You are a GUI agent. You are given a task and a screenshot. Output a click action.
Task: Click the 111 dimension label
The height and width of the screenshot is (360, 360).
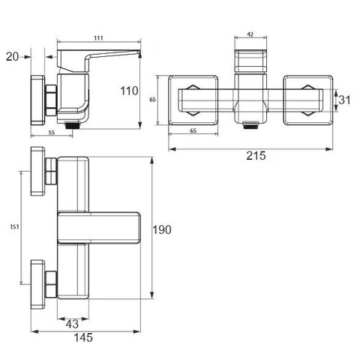98,38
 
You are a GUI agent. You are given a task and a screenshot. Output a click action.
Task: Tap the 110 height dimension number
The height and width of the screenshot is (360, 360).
129,91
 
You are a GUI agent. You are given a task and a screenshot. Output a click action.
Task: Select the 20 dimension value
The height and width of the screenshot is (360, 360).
12,56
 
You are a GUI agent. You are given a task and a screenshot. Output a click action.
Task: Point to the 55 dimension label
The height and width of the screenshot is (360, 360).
51,133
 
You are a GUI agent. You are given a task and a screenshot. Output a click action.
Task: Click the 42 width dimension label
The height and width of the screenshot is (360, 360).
250,34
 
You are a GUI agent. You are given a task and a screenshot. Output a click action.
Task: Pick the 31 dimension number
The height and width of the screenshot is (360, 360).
344,100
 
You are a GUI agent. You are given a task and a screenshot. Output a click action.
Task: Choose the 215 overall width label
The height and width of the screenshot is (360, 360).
256,156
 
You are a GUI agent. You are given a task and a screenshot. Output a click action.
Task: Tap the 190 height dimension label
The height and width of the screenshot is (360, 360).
162,229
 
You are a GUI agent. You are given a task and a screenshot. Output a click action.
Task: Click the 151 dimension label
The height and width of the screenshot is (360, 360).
14,226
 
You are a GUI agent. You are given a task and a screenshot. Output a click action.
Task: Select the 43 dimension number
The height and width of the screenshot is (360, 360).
72,324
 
